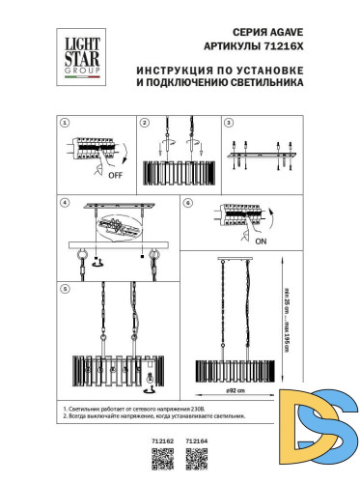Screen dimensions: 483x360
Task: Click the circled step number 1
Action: (x=64, y=124)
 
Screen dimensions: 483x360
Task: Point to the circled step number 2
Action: (x=144, y=124)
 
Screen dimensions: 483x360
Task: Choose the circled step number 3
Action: (x=228, y=124)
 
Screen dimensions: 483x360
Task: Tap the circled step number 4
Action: (x=64, y=205)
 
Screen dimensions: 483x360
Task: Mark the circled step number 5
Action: (x=64, y=288)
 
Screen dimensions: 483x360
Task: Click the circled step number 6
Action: (x=190, y=205)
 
